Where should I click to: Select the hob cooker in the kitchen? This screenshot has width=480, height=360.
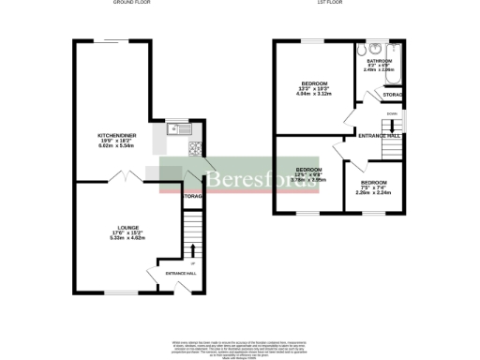click(x=197, y=147)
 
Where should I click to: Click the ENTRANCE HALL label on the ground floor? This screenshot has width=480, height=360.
click(x=180, y=272)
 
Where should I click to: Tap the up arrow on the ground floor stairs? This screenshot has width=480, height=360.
click(x=193, y=248)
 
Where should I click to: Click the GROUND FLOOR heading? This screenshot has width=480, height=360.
click(x=132, y=4)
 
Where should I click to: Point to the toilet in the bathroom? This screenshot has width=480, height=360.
click(x=373, y=51)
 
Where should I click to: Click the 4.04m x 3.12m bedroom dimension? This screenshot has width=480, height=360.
click(x=308, y=93)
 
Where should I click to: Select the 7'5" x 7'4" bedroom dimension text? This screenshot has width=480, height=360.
click(x=373, y=187)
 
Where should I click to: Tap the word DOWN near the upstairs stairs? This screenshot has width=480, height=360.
click(x=392, y=113)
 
